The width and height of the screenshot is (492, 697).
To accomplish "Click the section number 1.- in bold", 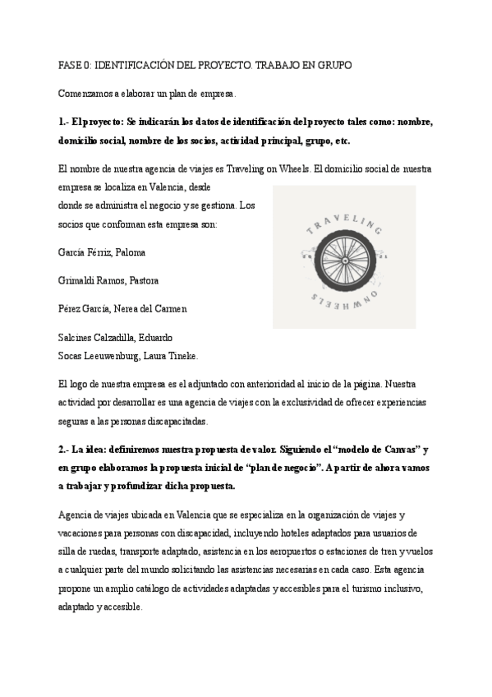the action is tap(66, 122).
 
